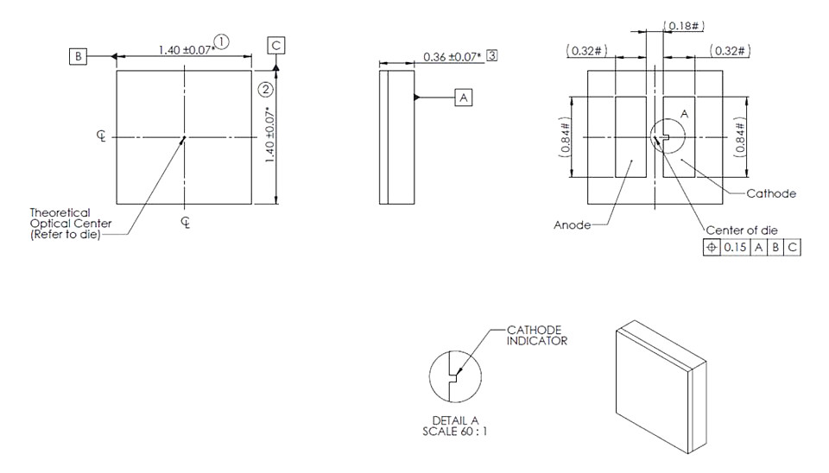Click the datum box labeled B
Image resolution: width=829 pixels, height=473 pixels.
click(78, 57)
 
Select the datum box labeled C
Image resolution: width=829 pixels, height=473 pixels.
click(276, 46)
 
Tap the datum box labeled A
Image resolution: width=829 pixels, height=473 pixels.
click(463, 98)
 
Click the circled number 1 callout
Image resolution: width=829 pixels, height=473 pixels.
click(222, 41)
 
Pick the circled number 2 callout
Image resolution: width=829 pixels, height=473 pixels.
click(265, 89)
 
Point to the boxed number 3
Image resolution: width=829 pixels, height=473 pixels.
click(491, 55)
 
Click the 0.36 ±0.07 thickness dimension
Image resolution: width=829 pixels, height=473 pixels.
click(452, 57)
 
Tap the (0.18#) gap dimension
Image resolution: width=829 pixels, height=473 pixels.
click(684, 26)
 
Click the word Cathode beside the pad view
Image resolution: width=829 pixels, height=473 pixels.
click(771, 193)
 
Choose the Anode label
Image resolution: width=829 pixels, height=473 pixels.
click(572, 225)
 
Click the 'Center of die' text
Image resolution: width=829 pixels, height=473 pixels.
click(742, 230)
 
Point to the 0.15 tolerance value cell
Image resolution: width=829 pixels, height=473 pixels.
click(735, 248)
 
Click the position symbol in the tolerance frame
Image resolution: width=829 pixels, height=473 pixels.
click(712, 248)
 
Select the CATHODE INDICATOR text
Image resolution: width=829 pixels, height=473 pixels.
click(536, 336)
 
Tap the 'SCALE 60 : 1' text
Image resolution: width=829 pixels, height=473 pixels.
click(455, 432)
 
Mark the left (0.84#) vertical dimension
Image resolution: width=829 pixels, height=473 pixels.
click(565, 137)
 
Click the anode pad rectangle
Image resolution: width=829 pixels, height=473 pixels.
click(630, 137)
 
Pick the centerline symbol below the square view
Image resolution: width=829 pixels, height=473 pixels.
click(186, 223)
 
